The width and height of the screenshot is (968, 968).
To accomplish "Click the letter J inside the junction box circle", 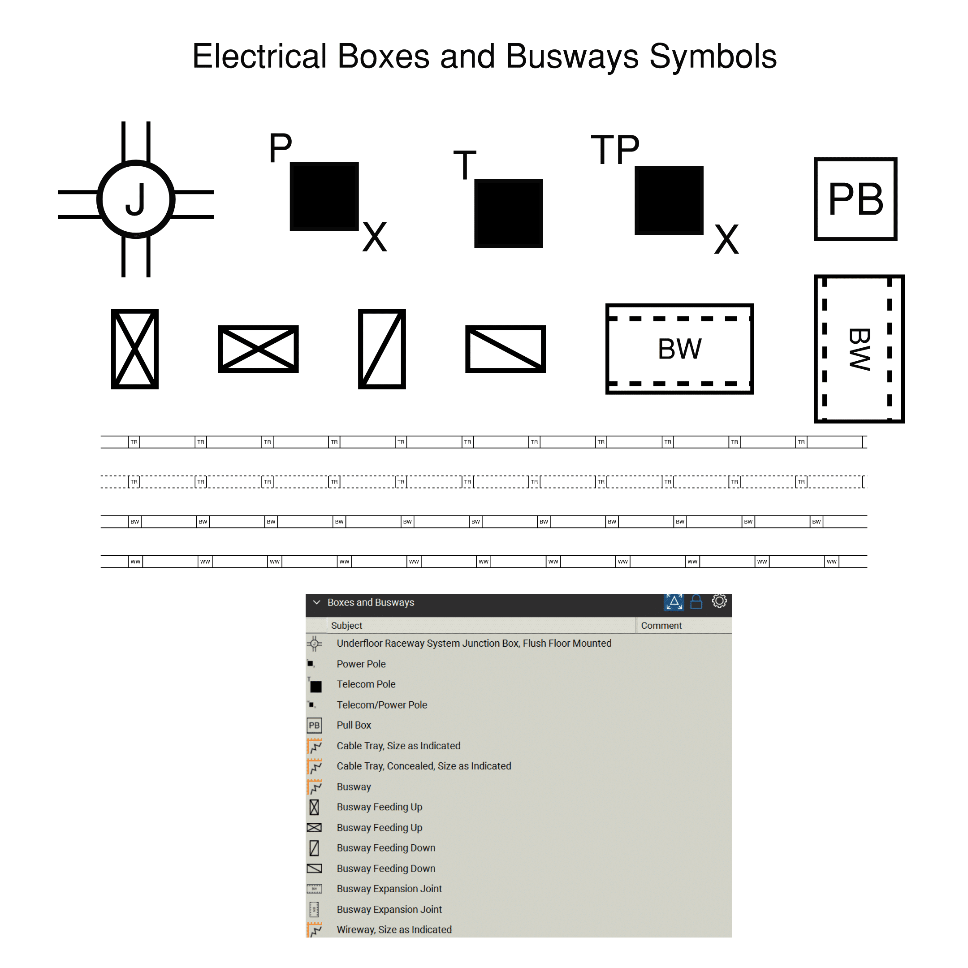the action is tap(135, 199).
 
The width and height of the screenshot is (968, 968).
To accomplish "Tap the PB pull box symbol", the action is tap(855, 199).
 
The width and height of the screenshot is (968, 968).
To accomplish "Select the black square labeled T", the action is tap(509, 213).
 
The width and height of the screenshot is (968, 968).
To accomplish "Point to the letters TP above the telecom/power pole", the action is tap(615, 149).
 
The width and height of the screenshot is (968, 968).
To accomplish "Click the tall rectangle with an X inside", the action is tap(135, 349).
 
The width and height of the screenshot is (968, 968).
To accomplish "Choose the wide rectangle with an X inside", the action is tap(258, 349).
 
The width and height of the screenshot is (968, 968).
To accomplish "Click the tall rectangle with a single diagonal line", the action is tap(382, 349).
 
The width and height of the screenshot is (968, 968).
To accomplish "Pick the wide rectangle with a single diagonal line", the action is tap(505, 349).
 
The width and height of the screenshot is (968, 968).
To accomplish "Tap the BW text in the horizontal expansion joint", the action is tap(679, 349).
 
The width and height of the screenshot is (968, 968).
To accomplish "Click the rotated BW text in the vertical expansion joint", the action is tap(859, 349).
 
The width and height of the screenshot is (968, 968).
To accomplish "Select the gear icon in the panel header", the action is tap(719, 601).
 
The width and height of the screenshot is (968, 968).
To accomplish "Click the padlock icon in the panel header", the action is tap(696, 602).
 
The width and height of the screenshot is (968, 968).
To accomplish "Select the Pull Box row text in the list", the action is tap(354, 725).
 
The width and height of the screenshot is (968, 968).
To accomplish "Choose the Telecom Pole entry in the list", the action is tap(366, 684).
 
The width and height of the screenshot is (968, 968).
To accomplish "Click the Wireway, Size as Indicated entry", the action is tap(394, 929).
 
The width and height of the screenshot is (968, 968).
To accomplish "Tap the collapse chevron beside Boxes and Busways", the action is tap(316, 602).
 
